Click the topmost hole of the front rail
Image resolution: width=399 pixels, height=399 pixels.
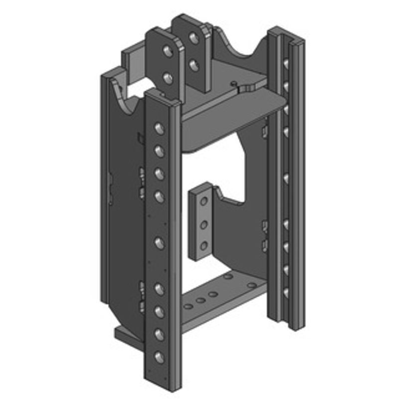(159, 129)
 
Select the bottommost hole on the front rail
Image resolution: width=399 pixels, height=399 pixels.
(159, 357)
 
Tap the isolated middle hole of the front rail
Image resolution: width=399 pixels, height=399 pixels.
(159, 243)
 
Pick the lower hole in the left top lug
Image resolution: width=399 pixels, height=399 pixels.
(168, 78)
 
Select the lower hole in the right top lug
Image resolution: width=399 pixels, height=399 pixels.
(194, 64)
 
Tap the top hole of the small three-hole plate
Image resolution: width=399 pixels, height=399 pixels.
(203, 201)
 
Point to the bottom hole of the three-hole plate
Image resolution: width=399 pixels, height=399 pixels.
(203, 245)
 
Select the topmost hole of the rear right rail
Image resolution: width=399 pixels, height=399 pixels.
(285, 64)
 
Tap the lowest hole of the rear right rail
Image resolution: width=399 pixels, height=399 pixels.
(286, 292)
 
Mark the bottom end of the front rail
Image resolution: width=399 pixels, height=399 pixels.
(162, 384)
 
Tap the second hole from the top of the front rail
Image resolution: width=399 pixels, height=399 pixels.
(159, 151)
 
